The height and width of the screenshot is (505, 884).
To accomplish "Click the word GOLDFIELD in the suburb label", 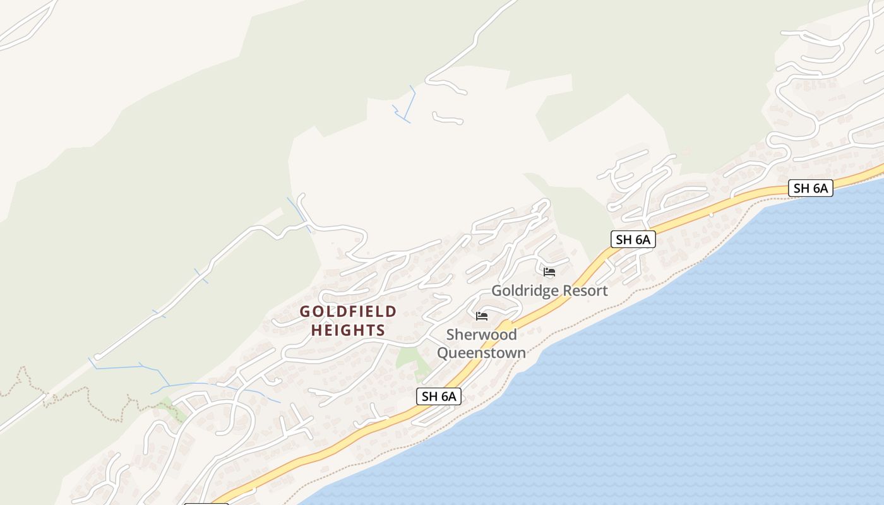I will click(348, 311).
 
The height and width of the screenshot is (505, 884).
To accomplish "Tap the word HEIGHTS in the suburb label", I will click(348, 330).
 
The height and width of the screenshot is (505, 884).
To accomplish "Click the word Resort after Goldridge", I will click(582, 290).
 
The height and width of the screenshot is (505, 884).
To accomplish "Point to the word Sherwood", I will click(481, 335).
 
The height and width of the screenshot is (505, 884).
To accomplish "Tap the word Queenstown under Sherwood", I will click(481, 352).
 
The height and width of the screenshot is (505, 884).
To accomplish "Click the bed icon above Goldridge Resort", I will click(549, 272).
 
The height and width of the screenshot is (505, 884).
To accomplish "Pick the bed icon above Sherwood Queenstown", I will click(482, 316).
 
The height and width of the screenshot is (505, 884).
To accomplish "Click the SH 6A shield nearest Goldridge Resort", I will click(633, 239).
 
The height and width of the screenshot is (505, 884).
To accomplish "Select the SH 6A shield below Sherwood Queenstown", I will click(439, 396).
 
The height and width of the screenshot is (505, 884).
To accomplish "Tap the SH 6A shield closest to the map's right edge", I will click(810, 187).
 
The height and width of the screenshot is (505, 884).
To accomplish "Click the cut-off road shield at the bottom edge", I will click(206, 503).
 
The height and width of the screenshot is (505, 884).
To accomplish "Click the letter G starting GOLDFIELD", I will click(305, 311).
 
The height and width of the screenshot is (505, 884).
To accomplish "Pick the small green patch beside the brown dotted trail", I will click(174, 410).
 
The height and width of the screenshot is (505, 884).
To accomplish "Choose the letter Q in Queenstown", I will click(443, 352).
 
